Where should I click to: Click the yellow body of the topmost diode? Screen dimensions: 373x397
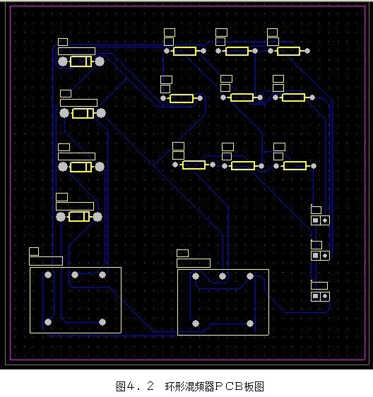pyautogui.click(x=81, y=61)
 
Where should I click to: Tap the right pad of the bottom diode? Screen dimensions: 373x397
pyautogui.click(x=97, y=217)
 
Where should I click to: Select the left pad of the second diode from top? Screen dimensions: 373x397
pyautogui.click(x=64, y=113)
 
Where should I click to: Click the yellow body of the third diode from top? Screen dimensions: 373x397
pyautogui.click(x=81, y=167)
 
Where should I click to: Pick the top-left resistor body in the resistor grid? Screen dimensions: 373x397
pyautogui.click(x=184, y=51)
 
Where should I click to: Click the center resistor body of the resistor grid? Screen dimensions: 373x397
pyautogui.click(x=242, y=97)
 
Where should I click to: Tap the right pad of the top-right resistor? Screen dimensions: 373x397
pyautogui.click(x=307, y=51)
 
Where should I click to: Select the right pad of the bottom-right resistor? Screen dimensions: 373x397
pyautogui.click(x=314, y=166)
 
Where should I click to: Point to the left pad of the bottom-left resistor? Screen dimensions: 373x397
pyautogui.click(x=175, y=165)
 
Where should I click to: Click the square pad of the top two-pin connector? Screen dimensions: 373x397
pyautogui.click(x=315, y=220)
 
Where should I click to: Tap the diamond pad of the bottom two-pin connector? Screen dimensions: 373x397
pyautogui.click(x=325, y=296)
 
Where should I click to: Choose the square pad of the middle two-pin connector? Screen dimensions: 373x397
pyautogui.click(x=315, y=256)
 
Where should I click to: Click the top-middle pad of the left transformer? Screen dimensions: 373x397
pyautogui.click(x=75, y=275)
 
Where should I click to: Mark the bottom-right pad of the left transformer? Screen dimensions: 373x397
pyautogui.click(x=102, y=322)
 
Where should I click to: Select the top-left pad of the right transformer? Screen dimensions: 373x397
pyautogui.click(x=196, y=276)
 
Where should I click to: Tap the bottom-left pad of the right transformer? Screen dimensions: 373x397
pyautogui.click(x=196, y=324)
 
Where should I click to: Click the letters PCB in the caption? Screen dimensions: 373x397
pyautogui.click(x=231, y=386)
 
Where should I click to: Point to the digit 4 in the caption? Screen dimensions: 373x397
pyautogui.click(x=130, y=386)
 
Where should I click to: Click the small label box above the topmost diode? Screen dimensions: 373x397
pyautogui.click(x=63, y=42)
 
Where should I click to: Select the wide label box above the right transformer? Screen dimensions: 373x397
pyautogui.click(x=194, y=263)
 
